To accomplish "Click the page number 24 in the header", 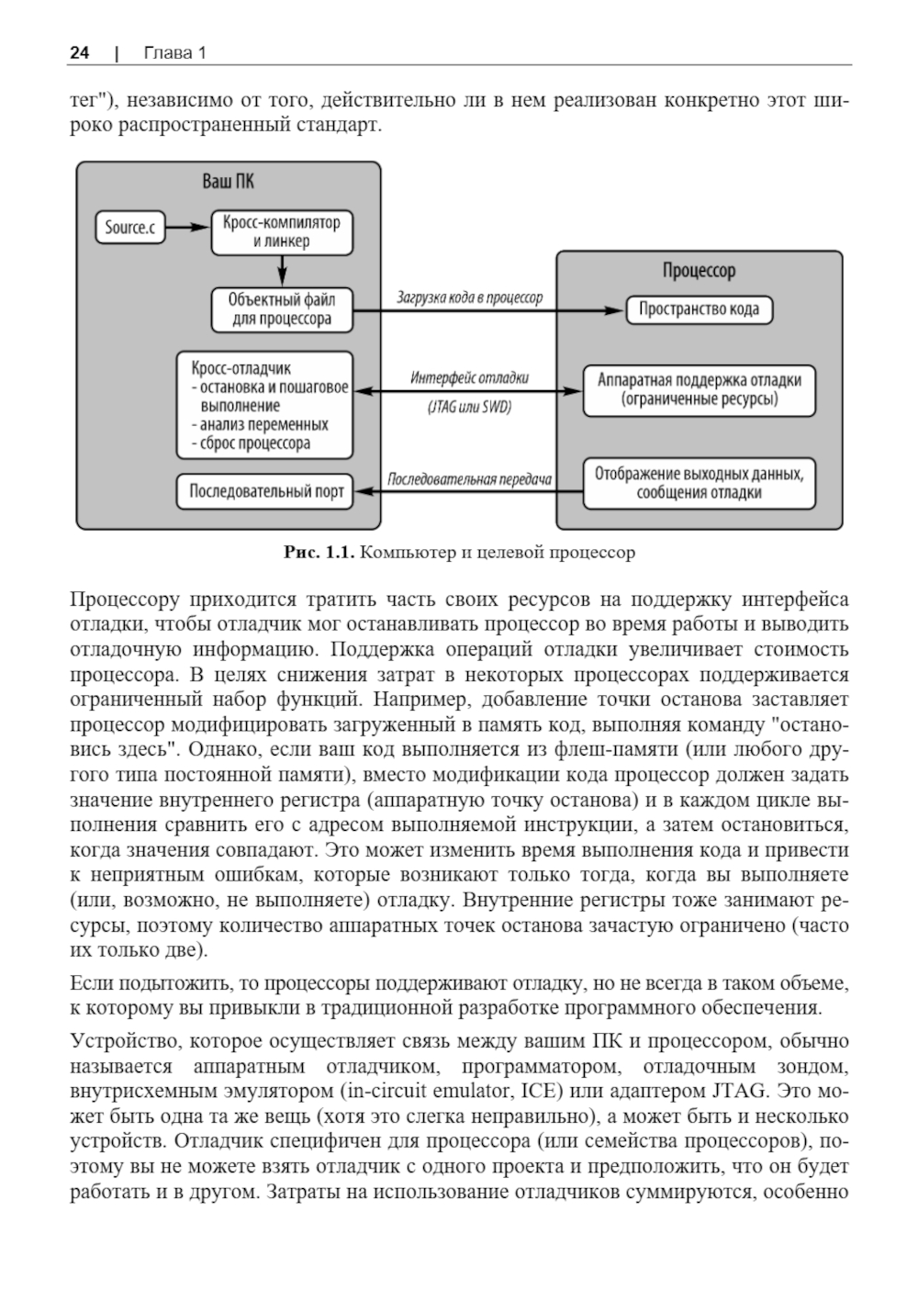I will click(x=79, y=53).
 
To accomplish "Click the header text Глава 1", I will click(x=174, y=53).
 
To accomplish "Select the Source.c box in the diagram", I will click(x=130, y=228).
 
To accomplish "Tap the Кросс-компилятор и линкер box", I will click(x=282, y=232).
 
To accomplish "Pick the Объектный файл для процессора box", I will click(x=282, y=309).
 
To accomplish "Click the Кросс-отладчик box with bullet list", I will click(x=265, y=405).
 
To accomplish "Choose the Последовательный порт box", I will click(x=265, y=491).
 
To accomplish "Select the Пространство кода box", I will click(x=699, y=309).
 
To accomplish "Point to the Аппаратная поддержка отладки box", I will click(x=699, y=389).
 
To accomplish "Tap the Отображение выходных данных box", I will click(x=699, y=483).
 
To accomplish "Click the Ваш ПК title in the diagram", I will click(x=228, y=181).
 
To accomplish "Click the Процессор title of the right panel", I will click(x=699, y=271).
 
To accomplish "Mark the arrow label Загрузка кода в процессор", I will click(x=469, y=297).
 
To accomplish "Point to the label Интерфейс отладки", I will click(x=469, y=377).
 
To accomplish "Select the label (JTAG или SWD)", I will click(x=469, y=407).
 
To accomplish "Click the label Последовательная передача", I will click(x=469, y=479).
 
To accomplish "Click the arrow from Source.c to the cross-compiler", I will click(x=188, y=227).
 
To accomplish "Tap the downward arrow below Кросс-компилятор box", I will click(x=282, y=269).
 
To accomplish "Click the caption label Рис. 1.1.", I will click(x=318, y=553).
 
